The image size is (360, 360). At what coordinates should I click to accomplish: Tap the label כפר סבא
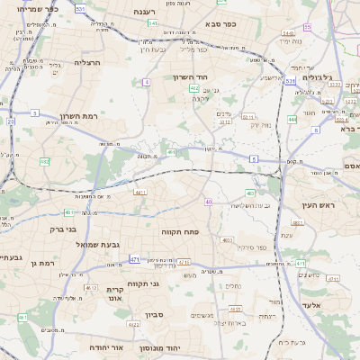220,24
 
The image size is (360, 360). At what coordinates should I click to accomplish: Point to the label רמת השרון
78,115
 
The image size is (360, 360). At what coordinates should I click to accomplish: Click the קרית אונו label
114,294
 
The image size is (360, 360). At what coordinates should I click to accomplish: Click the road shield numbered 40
208,202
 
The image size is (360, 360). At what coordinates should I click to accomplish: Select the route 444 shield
292,119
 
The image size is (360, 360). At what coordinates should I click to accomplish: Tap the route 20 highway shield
11,121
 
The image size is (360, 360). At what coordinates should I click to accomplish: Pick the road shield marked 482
44,162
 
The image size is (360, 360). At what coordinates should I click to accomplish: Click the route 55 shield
307,27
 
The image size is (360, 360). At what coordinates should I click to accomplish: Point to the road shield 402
194,87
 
